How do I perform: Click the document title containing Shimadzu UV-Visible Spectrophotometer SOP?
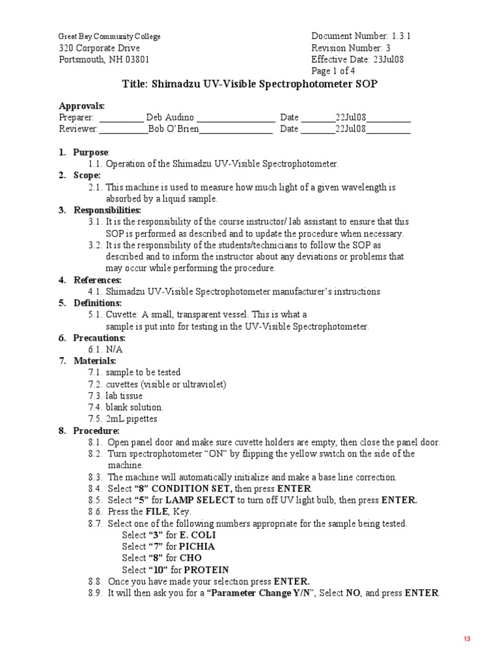tap(250, 85)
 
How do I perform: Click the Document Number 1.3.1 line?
tap(361, 36)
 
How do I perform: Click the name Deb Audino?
tap(169, 118)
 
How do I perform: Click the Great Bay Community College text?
tap(109, 37)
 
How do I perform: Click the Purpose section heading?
tap(91, 152)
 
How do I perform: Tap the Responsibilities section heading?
tap(107, 210)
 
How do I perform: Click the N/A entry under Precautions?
tap(114, 349)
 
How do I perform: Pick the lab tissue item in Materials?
tap(124, 395)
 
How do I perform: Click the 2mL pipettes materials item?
tap(132, 419)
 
